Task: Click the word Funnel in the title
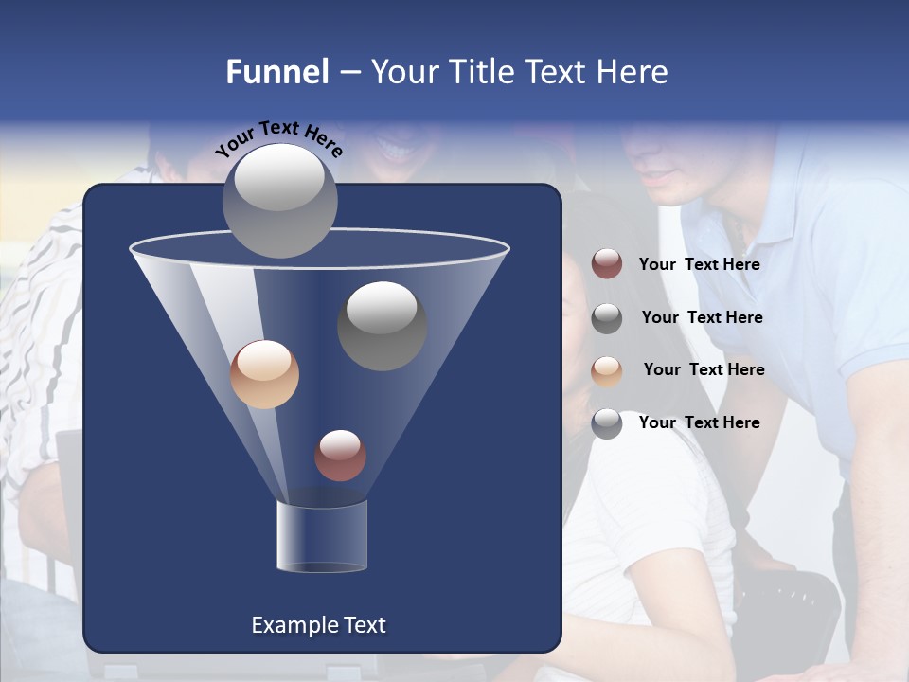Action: pos(277,72)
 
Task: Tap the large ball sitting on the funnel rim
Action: pos(279,200)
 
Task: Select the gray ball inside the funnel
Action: pos(382,326)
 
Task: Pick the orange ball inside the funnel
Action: pos(264,374)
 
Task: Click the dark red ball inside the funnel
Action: pos(340,456)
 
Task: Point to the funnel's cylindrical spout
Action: pos(322,536)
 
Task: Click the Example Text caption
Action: pos(318,625)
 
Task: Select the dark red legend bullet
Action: pos(607,264)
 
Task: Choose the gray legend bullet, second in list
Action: pos(607,317)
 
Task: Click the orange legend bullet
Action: pos(607,370)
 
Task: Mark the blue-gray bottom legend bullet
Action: pos(607,423)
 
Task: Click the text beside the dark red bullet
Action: pos(699,265)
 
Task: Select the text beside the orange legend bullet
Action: pos(704,369)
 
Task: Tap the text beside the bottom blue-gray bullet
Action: pos(699,422)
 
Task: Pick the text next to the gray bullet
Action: pos(702,317)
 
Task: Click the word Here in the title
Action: pos(634,72)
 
